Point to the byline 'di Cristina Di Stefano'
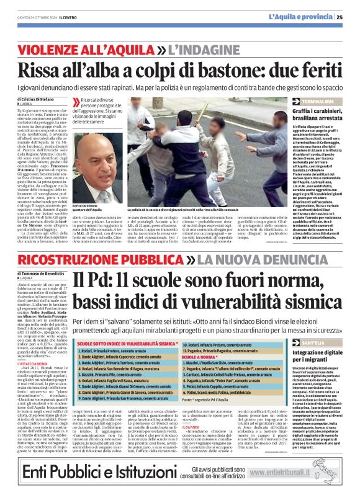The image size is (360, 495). (36, 99)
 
